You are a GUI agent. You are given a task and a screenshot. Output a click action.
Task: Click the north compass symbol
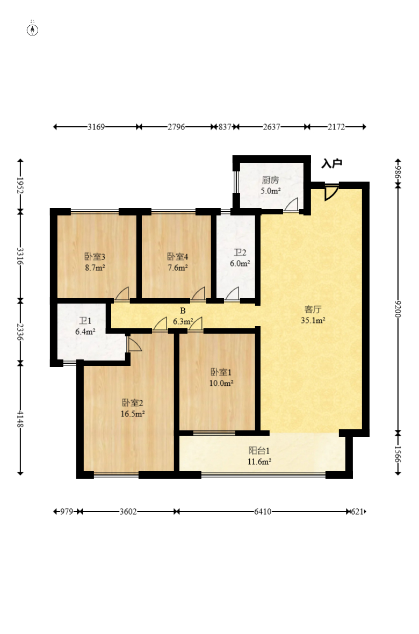click(x=32, y=29)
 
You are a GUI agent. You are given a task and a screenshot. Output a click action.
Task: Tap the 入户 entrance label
click(x=332, y=163)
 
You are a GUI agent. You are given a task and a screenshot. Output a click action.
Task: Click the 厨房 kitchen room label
click(x=271, y=180)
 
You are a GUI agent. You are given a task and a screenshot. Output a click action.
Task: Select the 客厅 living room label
click(x=313, y=309)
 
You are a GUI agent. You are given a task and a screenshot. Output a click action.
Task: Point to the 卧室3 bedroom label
click(x=95, y=257)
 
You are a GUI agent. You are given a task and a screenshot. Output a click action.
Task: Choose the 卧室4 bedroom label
click(x=178, y=257)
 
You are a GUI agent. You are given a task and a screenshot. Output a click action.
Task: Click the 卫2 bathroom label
click(x=240, y=253)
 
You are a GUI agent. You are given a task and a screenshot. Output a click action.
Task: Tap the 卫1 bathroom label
click(x=85, y=321)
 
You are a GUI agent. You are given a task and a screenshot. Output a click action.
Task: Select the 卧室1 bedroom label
click(x=221, y=372)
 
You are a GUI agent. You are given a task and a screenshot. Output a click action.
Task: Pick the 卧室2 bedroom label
click(x=133, y=403)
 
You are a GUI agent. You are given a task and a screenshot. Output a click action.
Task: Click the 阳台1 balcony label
click(x=259, y=450)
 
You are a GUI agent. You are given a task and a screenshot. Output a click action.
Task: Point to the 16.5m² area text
click(x=133, y=414)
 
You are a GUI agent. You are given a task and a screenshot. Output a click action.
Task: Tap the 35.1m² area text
click(x=313, y=320)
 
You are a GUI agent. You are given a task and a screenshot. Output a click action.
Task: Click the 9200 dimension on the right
click(x=398, y=309)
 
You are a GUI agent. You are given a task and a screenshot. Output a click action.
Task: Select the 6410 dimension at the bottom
click(x=263, y=511)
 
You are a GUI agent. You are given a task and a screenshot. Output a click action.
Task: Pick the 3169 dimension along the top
click(x=96, y=127)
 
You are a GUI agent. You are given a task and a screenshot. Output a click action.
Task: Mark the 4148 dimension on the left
click(x=20, y=419)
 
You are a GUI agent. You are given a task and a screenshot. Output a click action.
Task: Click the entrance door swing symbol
click(x=331, y=192)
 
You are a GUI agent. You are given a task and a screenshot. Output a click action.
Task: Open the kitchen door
click(x=291, y=205)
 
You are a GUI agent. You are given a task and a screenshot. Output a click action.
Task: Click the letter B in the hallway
click(x=183, y=311)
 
